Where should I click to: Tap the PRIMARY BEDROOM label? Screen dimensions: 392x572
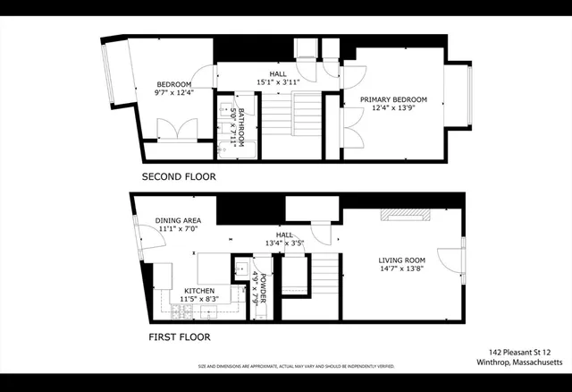click(x=393, y=99)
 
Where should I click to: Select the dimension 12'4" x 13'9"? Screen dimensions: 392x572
click(x=393, y=108)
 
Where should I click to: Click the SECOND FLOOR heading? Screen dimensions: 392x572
click(x=179, y=177)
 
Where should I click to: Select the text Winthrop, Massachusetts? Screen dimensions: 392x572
click(x=518, y=362)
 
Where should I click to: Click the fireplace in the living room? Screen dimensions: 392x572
click(x=405, y=213)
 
